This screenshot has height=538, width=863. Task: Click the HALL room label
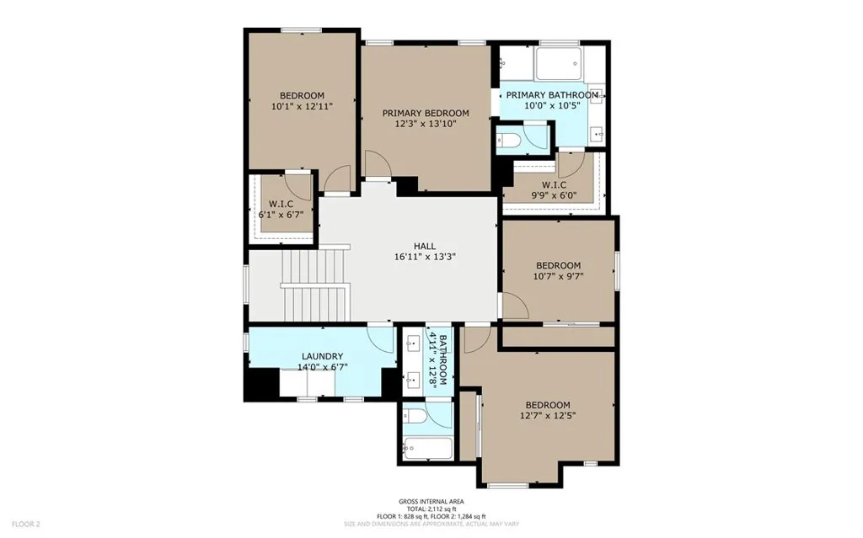click(425, 246)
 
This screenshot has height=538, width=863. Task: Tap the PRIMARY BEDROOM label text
click(426, 114)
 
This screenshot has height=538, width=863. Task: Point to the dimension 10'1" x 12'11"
click(303, 106)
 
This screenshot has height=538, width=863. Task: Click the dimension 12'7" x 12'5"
click(548, 416)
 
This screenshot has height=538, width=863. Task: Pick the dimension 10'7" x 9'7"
click(558, 276)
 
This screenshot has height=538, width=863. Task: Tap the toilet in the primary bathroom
click(507, 141)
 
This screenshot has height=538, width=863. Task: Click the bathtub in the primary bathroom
click(559, 64)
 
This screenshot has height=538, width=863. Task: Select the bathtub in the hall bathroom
click(427, 449)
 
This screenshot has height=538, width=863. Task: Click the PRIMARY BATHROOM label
click(552, 95)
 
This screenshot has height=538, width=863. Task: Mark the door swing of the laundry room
click(380, 338)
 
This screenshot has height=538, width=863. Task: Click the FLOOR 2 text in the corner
click(26, 525)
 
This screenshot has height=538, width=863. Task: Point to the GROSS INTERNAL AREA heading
click(431, 502)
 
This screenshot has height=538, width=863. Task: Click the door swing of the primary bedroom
click(377, 164)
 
